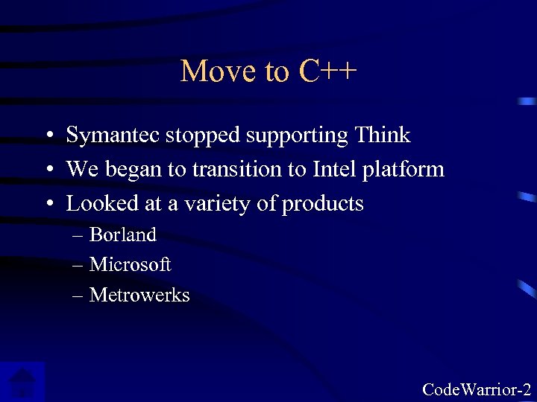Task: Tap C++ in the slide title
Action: [x=328, y=71]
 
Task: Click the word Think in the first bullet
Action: [x=383, y=135]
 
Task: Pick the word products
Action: [x=322, y=204]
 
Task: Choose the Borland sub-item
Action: [x=122, y=234]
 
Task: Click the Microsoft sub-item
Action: [x=130, y=264]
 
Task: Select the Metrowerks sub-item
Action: [x=139, y=295]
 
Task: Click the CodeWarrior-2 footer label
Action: [x=477, y=389]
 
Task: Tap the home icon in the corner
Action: [x=22, y=382]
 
